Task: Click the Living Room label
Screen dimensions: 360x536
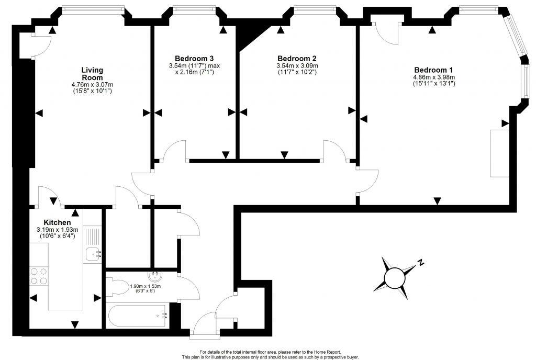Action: (x=92, y=74)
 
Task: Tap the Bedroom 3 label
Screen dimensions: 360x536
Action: (x=194, y=58)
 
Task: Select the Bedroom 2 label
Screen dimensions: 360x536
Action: (x=297, y=58)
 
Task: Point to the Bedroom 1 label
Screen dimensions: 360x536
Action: (x=433, y=70)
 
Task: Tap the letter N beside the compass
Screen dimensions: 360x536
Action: (x=420, y=263)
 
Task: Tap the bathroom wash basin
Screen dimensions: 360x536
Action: (x=156, y=275)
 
